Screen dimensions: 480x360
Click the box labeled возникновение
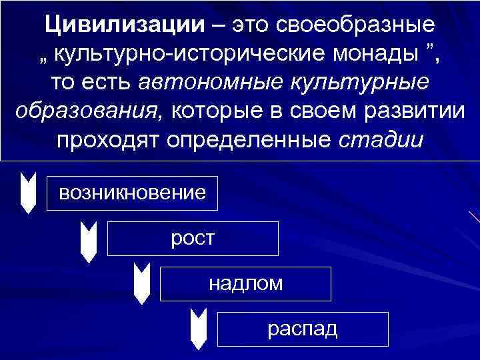(132, 193)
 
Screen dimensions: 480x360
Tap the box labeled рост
(193, 238)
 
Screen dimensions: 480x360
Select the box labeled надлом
(245, 283)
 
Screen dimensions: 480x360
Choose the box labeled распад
(303, 329)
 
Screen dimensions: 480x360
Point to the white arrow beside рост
(88, 240)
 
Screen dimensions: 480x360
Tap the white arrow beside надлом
(142, 283)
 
